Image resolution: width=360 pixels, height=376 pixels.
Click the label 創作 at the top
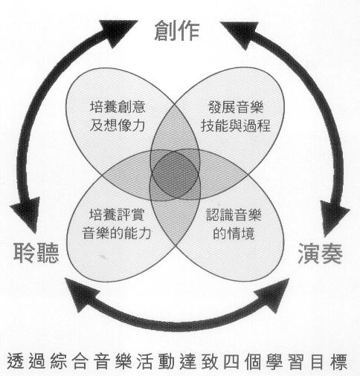tap(177, 30)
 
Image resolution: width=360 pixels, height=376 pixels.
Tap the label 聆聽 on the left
tap(36, 253)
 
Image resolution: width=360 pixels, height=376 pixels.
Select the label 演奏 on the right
tap(320, 253)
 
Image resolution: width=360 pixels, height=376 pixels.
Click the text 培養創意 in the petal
tap(118, 106)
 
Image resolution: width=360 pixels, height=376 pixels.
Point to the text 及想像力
tap(118, 125)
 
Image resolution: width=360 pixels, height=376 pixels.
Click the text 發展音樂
tap(236, 107)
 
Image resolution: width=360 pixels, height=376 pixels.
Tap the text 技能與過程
tap(236, 126)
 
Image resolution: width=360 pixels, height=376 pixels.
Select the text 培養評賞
tap(117, 214)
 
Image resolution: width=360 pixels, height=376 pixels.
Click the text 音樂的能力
tap(117, 233)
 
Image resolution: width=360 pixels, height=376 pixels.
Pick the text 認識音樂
tap(234, 215)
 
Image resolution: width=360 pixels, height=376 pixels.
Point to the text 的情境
tap(234, 233)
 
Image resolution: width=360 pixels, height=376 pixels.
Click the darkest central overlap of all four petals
tap(175, 175)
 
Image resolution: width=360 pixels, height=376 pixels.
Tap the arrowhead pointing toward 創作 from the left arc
tap(118, 32)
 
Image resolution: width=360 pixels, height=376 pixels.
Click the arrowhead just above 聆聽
tap(26, 213)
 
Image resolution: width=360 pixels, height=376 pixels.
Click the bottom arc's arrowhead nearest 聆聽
tap(83, 293)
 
